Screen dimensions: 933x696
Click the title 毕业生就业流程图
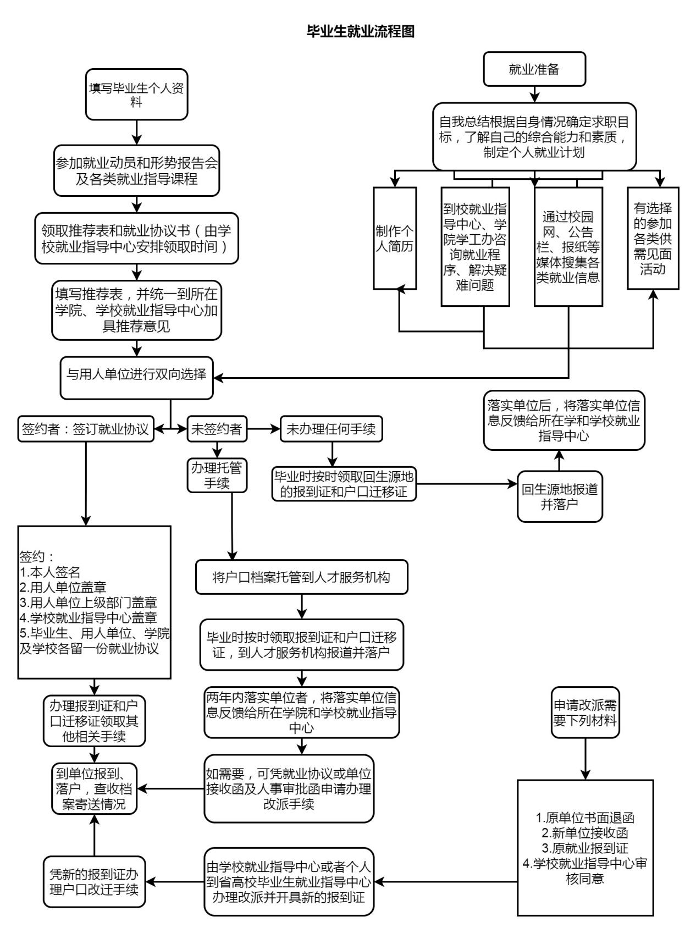(361, 31)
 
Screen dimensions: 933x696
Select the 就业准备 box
(534, 69)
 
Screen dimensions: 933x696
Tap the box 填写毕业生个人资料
(136, 94)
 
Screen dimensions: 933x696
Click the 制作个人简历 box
(394, 238)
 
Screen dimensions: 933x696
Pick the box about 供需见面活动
(653, 238)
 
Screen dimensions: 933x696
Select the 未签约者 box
(217, 429)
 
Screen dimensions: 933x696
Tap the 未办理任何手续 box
(331, 429)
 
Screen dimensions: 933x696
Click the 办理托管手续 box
(217, 475)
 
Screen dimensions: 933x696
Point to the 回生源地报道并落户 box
(559, 496)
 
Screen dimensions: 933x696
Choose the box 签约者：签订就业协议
(85, 429)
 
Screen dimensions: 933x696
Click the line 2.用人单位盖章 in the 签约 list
(63, 587)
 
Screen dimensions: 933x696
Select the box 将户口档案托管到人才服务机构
(301, 577)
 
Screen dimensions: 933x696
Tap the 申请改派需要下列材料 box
(585, 712)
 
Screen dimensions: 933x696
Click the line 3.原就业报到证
(585, 848)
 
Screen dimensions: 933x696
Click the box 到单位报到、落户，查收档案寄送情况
(94, 788)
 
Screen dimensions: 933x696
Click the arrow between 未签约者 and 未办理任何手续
(263, 429)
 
